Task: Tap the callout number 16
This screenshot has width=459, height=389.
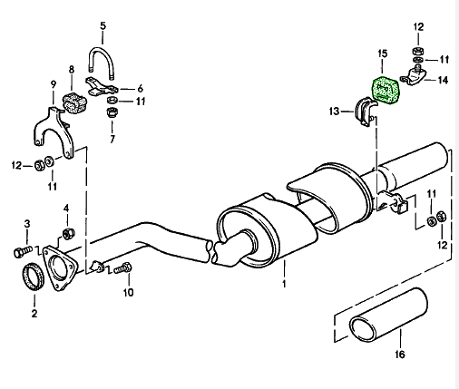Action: point(400,354)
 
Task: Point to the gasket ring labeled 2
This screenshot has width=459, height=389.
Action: point(34,277)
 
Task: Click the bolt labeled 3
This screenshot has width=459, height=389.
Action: point(23,251)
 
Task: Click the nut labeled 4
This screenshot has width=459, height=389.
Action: point(69,233)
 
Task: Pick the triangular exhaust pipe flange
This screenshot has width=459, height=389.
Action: point(59,268)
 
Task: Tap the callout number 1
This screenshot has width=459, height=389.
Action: point(284,284)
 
